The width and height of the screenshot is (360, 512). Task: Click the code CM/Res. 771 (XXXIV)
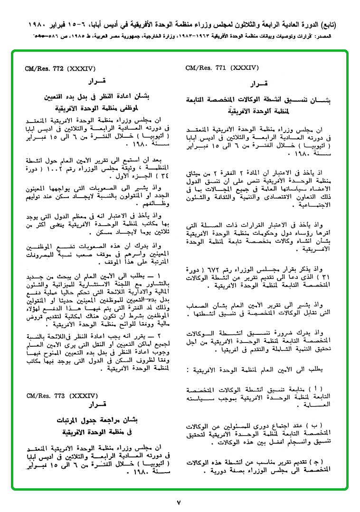click(222, 68)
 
